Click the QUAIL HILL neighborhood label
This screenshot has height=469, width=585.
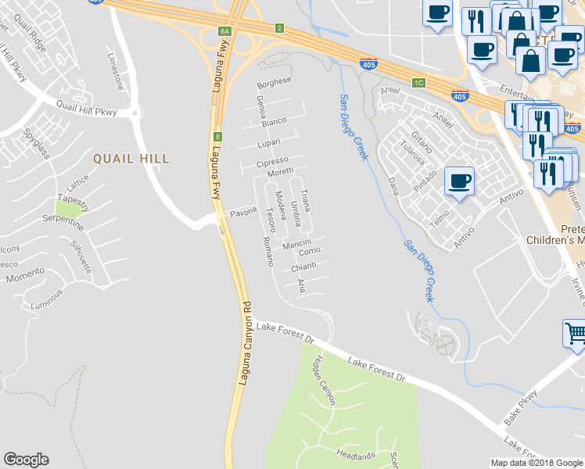131,159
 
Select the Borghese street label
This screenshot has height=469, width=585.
274,81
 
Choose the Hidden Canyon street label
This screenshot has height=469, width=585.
324,380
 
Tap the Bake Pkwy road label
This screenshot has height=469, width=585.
521,406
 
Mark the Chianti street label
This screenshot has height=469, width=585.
303,267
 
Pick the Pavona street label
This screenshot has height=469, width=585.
242,213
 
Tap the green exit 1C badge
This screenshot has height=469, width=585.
419,82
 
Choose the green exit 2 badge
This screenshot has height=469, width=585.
278,29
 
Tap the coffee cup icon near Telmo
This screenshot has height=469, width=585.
459,181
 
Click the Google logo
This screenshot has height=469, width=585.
26,460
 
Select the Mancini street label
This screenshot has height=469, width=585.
298,245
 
